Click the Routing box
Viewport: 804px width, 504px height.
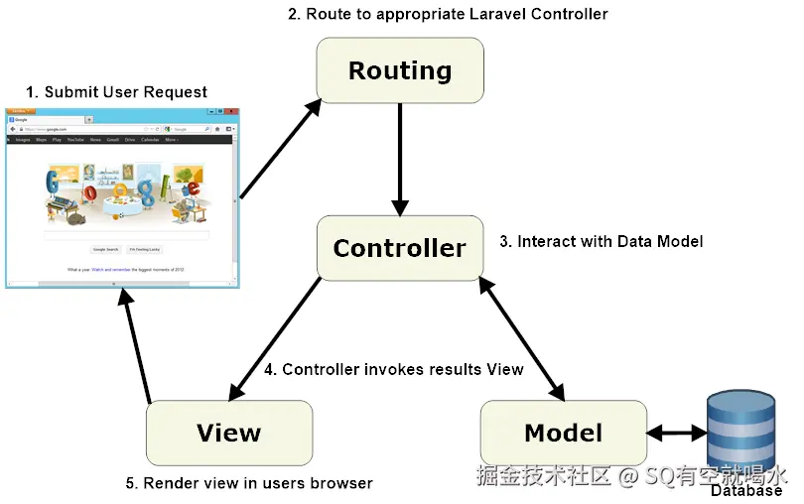pyautogui.click(x=400, y=71)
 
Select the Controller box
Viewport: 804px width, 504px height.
pyautogui.click(x=400, y=247)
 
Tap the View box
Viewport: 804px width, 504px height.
pyautogui.click(x=229, y=433)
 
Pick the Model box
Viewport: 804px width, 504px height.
pyautogui.click(x=563, y=433)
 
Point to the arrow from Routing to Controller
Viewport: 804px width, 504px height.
pyautogui.click(x=400, y=159)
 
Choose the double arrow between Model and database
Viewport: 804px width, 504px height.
pyautogui.click(x=676, y=434)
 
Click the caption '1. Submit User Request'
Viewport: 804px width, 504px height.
pyautogui.click(x=117, y=92)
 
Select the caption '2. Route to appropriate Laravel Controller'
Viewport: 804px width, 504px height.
pyautogui.click(x=447, y=14)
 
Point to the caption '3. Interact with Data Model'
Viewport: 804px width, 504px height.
pyautogui.click(x=600, y=241)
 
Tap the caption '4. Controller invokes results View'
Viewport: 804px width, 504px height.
pyautogui.click(x=393, y=369)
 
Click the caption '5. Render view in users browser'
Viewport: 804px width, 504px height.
pyautogui.click(x=248, y=483)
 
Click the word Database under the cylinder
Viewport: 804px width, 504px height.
pyautogui.click(x=745, y=491)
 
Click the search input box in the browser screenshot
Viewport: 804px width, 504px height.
pyautogui.click(x=125, y=235)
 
